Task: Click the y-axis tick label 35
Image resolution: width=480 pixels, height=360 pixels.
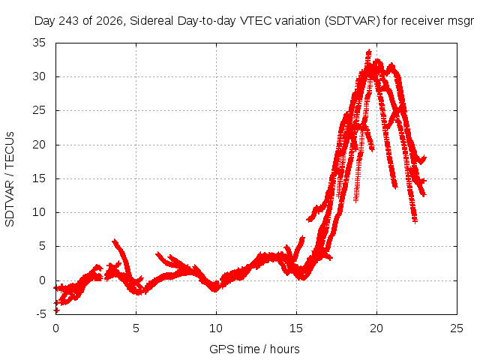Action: click(39, 43)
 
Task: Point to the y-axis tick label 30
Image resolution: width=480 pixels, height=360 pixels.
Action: click(39, 76)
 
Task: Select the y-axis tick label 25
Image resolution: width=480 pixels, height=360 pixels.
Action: click(39, 110)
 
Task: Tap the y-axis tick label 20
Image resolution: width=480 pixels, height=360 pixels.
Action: click(39, 145)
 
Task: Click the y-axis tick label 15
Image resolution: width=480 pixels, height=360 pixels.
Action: click(39, 178)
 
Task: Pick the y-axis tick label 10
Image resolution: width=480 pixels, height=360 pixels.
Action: click(39, 212)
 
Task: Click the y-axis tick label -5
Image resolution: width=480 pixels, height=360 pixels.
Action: click(41, 314)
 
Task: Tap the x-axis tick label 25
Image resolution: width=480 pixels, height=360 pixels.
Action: click(457, 328)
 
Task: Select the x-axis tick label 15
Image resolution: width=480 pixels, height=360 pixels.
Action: click(296, 328)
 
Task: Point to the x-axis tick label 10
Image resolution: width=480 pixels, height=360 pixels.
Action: click(216, 328)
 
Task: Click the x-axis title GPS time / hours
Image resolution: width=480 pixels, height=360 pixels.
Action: click(254, 349)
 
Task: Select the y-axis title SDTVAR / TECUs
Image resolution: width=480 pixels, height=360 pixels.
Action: click(10, 179)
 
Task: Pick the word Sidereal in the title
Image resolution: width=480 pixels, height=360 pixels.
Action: click(151, 21)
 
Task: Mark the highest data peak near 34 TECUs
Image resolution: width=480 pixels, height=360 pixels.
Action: click(369, 51)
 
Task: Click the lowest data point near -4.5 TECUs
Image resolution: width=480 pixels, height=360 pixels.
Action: click(57, 310)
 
